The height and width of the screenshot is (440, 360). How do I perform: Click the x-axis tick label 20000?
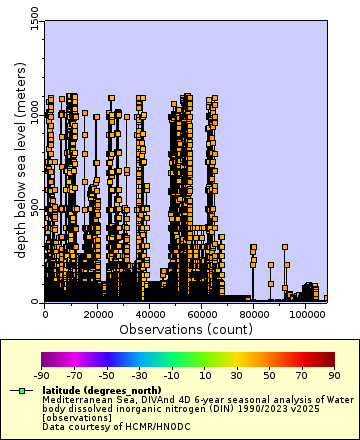pos(98,313)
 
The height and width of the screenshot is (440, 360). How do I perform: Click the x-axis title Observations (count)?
pos(185,328)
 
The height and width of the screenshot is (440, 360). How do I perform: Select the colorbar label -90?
pos(42,376)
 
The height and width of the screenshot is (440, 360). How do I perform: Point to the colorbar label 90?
pos(334,376)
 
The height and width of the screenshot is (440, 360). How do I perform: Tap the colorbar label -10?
pos(171,376)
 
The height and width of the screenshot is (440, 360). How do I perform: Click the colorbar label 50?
pos(269,376)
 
